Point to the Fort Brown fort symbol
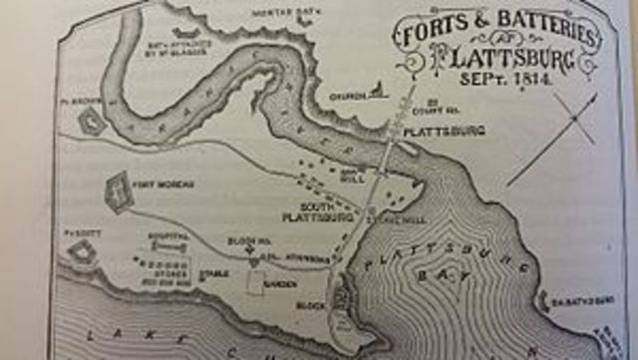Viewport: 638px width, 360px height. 92,121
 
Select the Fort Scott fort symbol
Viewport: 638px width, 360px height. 81,251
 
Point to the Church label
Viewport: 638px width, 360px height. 345,97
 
